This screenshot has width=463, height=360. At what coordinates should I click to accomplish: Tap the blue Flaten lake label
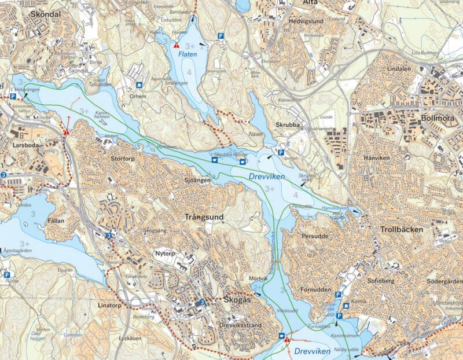click(187, 54)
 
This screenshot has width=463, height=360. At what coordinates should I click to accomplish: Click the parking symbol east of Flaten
click(221, 36)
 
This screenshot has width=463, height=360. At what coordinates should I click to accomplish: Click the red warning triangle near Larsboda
click(67, 132)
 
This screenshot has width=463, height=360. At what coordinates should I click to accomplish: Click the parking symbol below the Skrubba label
click(281, 153)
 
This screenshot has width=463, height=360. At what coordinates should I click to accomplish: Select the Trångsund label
click(203, 217)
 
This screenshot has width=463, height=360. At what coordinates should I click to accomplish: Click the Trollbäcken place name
click(402, 230)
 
